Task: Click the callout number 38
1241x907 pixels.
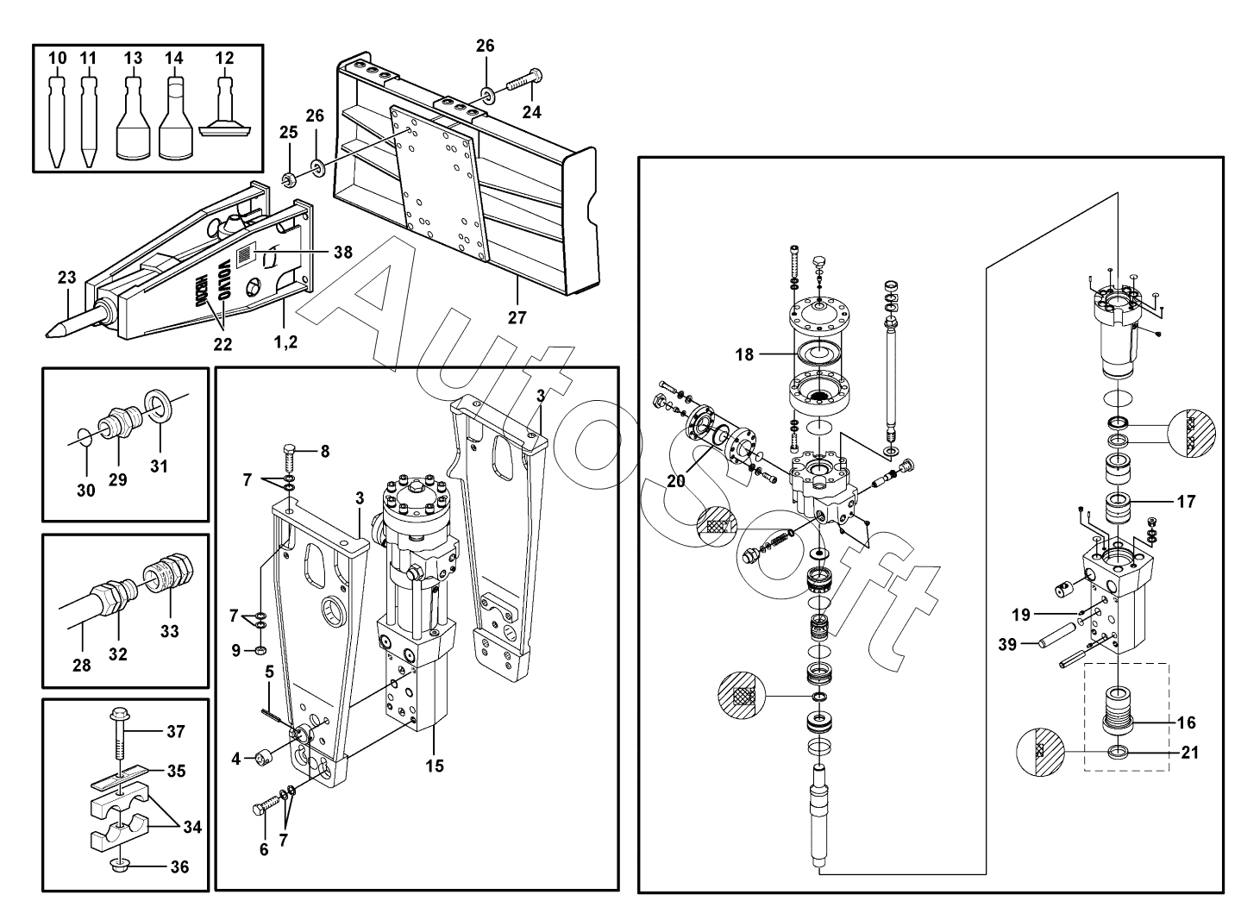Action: click(x=343, y=253)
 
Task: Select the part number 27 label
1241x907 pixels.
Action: click(x=517, y=317)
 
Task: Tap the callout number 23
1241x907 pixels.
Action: click(x=67, y=278)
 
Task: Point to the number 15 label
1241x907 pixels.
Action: click(x=436, y=765)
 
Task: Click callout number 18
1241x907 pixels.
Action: click(x=744, y=353)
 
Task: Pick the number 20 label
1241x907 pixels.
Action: click(x=675, y=481)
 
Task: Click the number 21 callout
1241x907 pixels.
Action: click(x=1190, y=753)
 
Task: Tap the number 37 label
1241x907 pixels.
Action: click(x=176, y=732)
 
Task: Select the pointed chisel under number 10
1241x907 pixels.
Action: click(x=57, y=121)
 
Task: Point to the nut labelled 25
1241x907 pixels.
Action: click(x=289, y=179)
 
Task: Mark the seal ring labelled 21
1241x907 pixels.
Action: click(x=1119, y=753)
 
